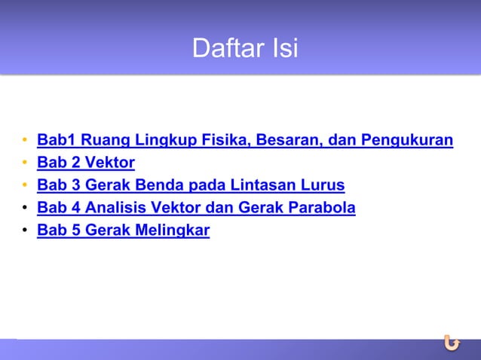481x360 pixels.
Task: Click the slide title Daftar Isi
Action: click(x=245, y=49)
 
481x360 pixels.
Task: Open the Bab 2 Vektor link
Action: click(x=86, y=163)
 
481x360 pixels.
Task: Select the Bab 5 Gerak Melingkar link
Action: click(x=123, y=230)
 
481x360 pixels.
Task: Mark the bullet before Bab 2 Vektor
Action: click(x=26, y=163)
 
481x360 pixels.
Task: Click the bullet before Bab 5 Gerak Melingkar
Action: click(x=26, y=231)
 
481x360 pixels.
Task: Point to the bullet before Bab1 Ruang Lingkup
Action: click(x=26, y=141)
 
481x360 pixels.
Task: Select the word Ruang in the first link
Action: click(x=100, y=140)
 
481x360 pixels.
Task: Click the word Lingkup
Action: click(x=155, y=140)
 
